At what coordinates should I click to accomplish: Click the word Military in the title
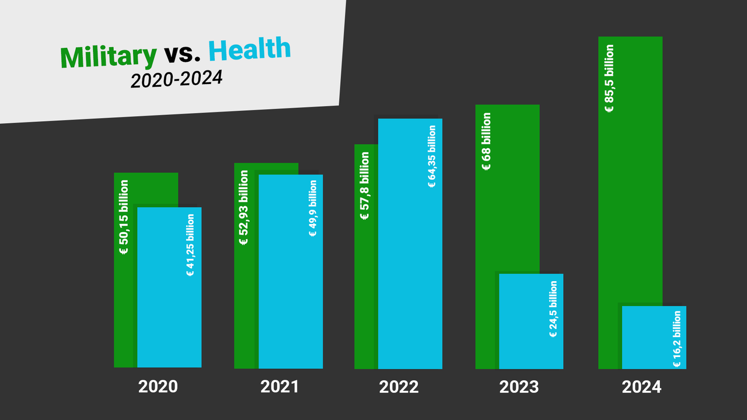(109, 56)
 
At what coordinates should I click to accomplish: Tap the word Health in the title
(249, 50)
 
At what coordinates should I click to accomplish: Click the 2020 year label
(158, 387)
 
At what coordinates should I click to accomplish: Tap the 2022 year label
(399, 387)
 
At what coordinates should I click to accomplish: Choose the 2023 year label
(519, 387)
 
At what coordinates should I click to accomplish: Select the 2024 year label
(641, 387)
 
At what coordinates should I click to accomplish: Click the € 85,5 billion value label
(609, 78)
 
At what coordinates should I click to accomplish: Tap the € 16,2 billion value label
(677, 339)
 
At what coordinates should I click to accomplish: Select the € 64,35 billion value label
(432, 156)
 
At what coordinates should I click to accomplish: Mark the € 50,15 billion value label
(124, 218)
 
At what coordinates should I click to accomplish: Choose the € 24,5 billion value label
(553, 310)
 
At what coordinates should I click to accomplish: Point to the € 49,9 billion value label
(313, 208)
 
